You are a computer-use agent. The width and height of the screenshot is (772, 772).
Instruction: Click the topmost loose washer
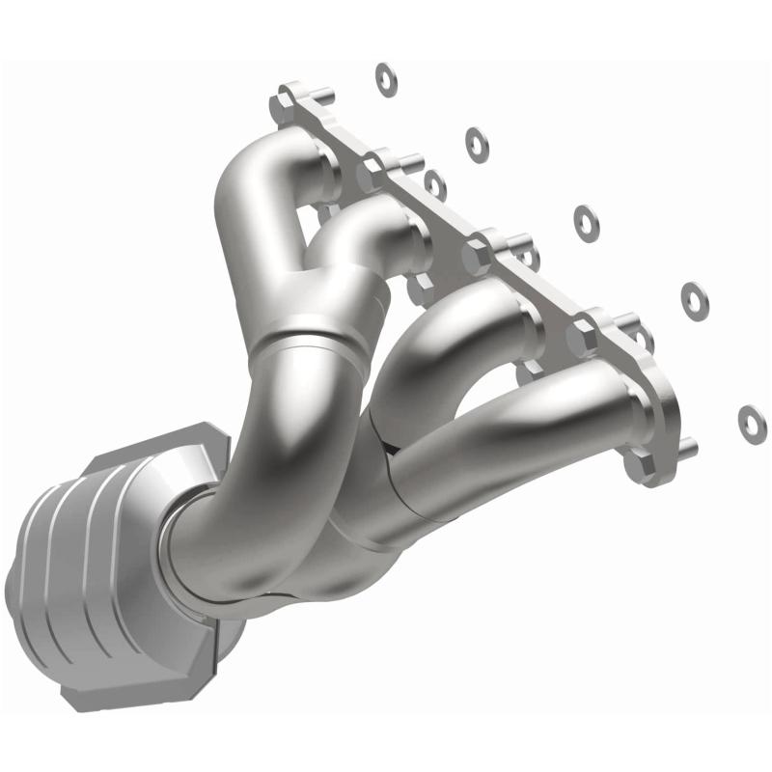(x=387, y=79)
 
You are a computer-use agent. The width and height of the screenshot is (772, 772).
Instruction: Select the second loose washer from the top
(x=476, y=144)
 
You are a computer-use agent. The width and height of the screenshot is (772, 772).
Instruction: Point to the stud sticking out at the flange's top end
(x=322, y=94)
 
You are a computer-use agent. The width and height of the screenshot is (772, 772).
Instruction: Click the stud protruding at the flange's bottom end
(x=686, y=447)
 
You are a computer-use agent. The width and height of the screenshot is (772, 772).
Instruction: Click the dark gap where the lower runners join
(x=389, y=446)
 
